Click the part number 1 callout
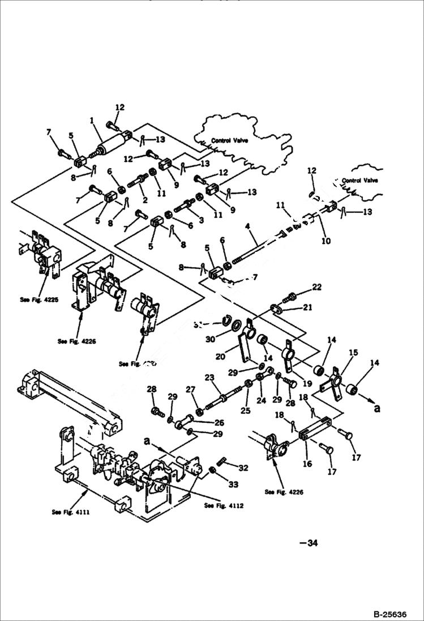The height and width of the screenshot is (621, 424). (x=91, y=120)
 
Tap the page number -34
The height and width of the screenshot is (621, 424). (x=309, y=543)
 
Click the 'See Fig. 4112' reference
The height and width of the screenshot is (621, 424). (x=224, y=506)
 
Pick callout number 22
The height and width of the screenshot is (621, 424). (x=316, y=287)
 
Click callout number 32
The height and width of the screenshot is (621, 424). (x=243, y=468)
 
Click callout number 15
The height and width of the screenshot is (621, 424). (x=353, y=353)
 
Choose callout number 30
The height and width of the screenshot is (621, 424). (x=211, y=340)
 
